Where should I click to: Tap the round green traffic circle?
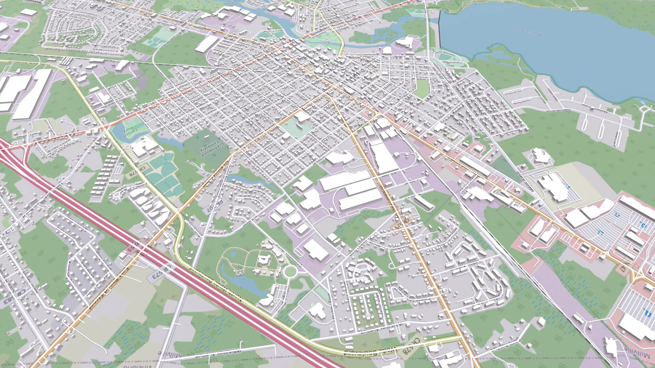tap(290, 272)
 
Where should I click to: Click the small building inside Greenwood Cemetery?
tap(207, 138)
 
